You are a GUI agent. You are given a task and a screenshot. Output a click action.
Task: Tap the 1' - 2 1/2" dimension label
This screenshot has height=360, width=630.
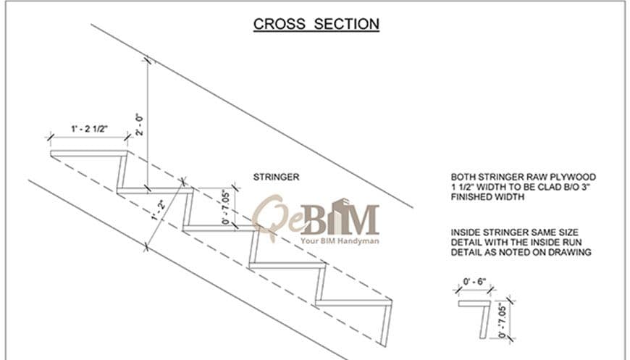coord(90,128)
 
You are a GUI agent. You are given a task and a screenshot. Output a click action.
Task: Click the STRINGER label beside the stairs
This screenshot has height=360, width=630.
coord(276,177)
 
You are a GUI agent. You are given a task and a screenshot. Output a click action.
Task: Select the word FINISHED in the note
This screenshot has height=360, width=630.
coord(471,197)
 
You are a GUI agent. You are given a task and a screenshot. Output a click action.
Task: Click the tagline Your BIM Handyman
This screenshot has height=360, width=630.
coord(340,241)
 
